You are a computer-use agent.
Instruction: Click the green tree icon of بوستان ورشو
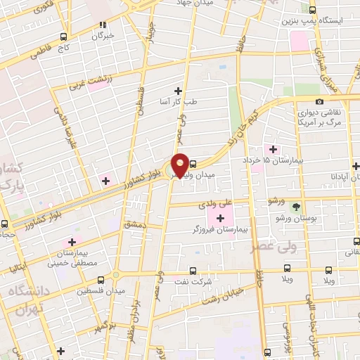pos(295,207)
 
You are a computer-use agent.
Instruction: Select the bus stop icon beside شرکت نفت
pos(193,270)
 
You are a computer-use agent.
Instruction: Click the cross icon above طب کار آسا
pos(178,91)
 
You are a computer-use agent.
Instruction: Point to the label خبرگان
pos(104,34)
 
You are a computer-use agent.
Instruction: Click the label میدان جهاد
pos(211,4)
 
